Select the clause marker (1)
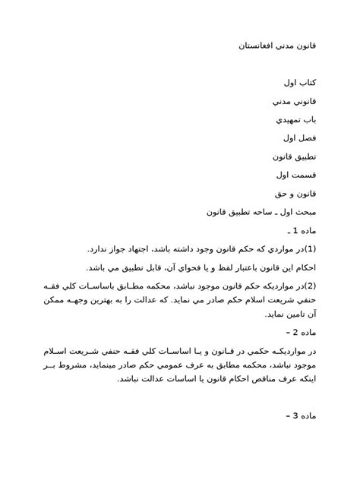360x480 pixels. point(308,248)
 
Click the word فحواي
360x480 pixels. point(182,267)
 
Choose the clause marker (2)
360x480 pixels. point(308,286)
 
